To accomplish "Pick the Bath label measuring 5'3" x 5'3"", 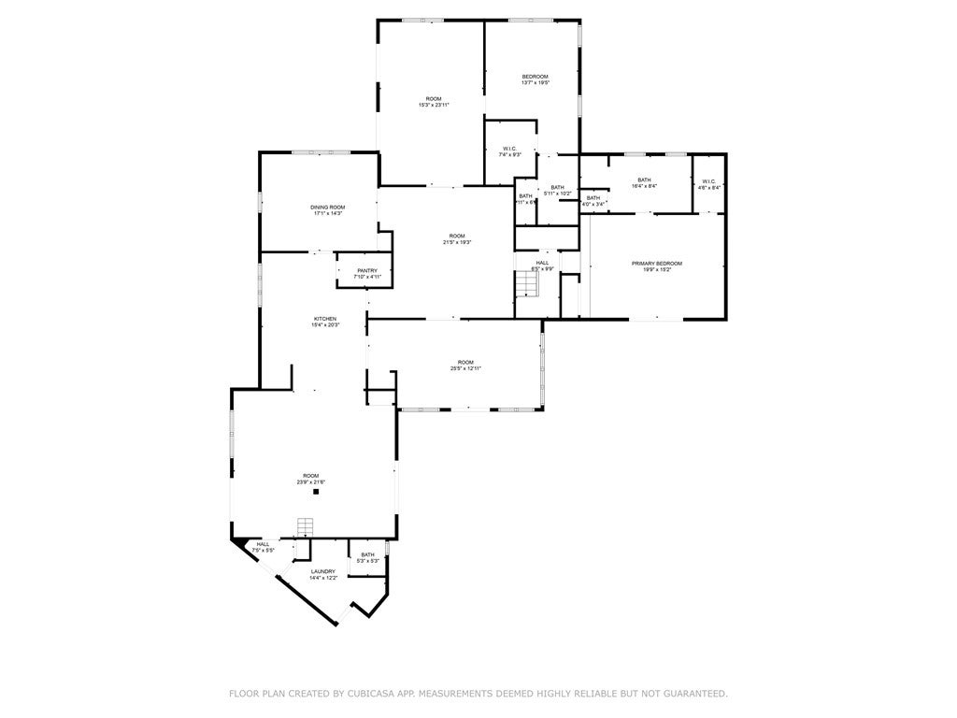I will click(368, 557).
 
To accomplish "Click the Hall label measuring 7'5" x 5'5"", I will click(264, 547).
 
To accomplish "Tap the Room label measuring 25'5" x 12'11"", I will click(465, 365).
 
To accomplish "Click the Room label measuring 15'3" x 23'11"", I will click(434, 101).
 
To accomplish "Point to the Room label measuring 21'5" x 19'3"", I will click(456, 238).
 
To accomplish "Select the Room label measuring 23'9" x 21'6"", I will click(310, 479).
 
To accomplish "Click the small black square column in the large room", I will click(316, 491).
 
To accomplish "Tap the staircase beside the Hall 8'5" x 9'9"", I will click(527, 283).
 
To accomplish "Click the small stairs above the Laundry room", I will click(304, 526).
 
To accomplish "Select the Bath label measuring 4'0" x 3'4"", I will click(593, 200).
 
